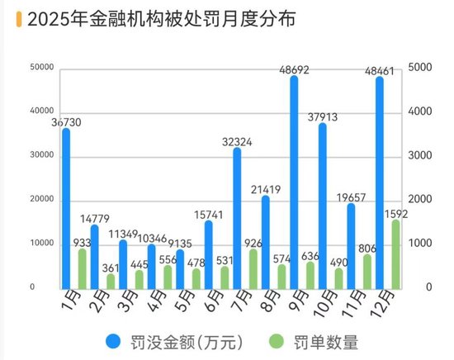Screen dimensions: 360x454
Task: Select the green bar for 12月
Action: pos(396,254)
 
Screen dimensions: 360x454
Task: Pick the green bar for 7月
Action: pos(253,268)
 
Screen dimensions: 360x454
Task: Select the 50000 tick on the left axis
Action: pos(42,68)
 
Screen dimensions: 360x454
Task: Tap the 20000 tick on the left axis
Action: pos(42,200)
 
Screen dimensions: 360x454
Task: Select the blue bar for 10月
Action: pos(323,206)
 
